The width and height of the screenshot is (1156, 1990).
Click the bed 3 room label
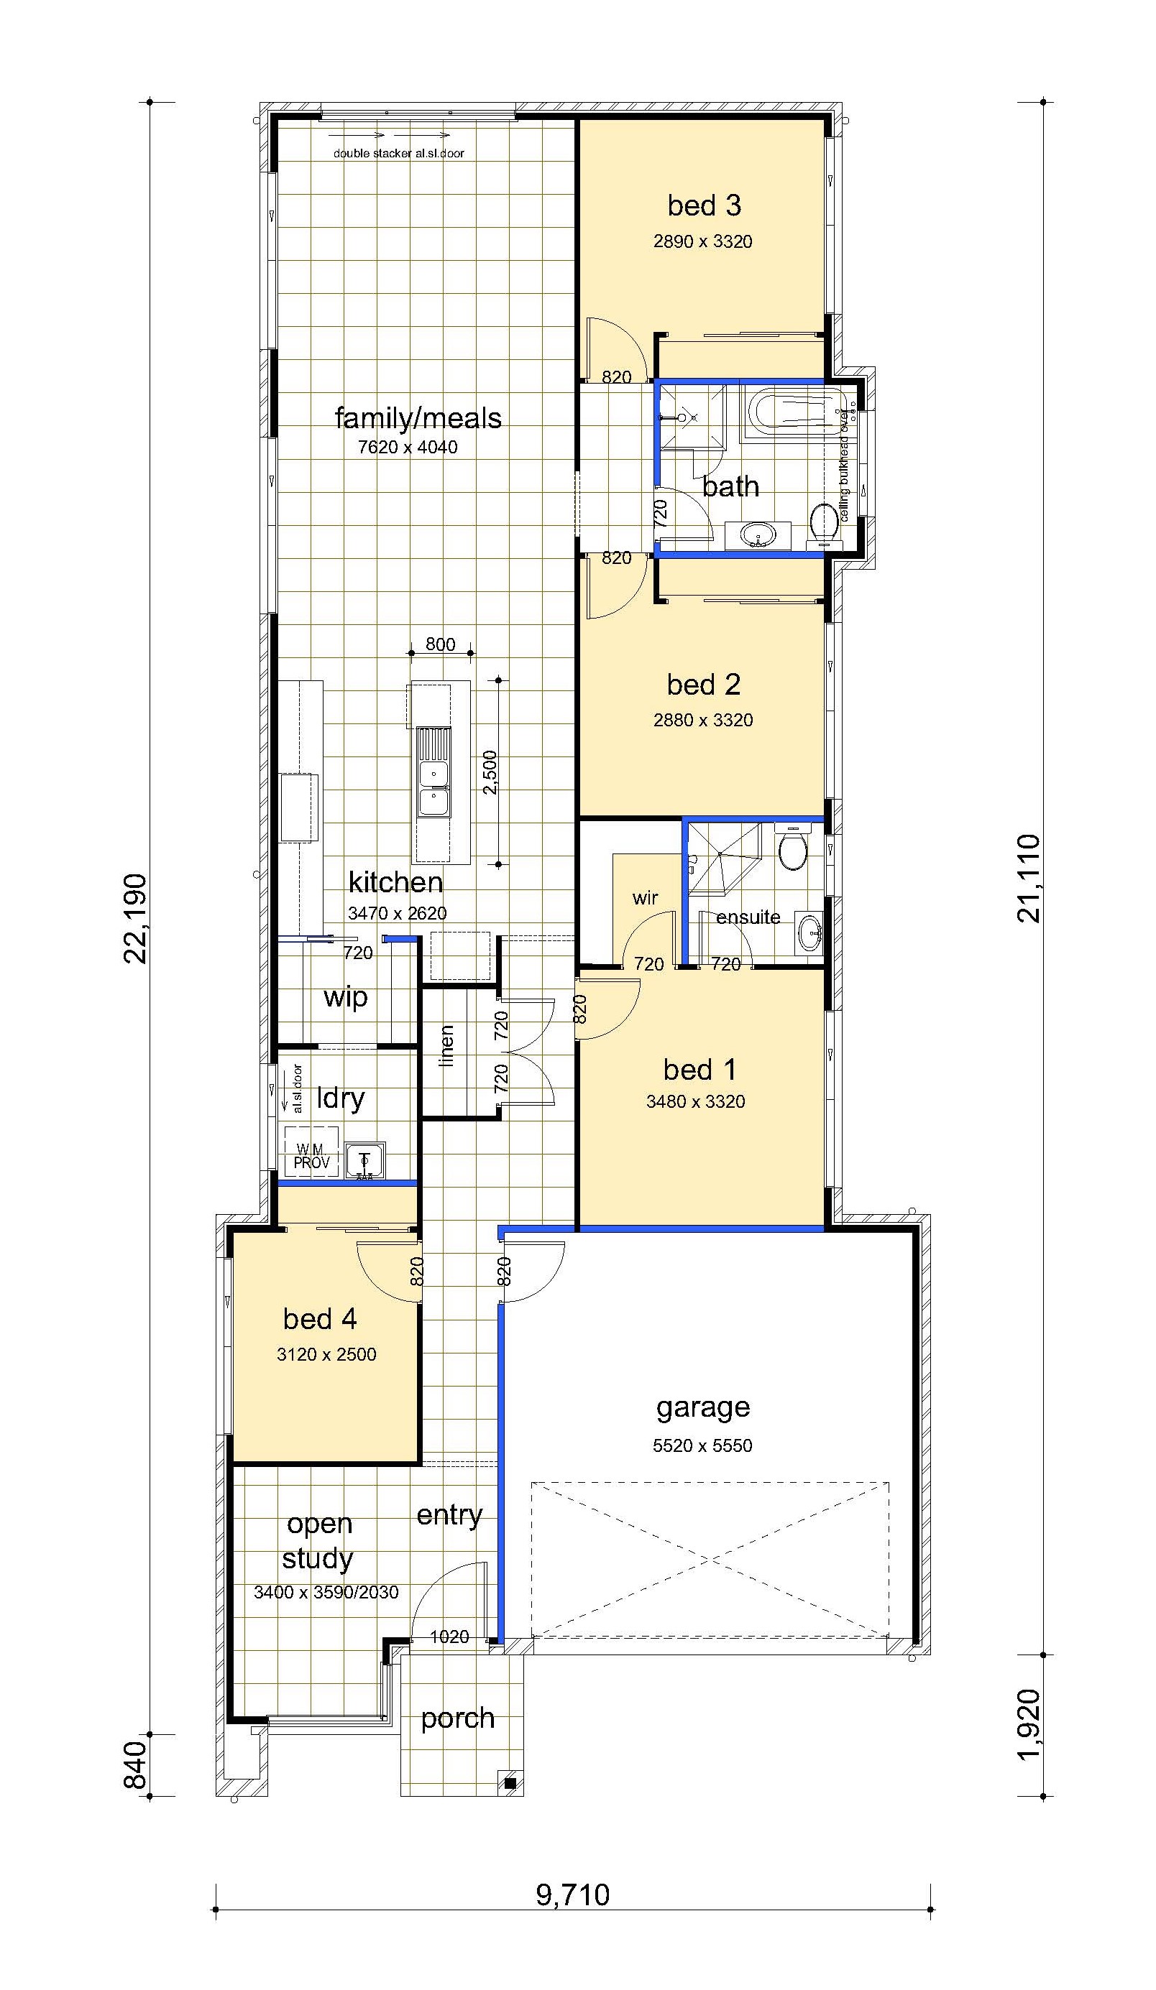pos(704,205)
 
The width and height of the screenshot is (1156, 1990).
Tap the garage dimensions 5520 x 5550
pos(702,1445)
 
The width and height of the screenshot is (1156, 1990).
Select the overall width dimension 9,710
pos(573,1894)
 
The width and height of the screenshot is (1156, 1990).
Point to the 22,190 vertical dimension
pos(135,917)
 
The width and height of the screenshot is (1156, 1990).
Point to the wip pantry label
pos(345,997)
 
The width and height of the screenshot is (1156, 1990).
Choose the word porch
pos(457,1718)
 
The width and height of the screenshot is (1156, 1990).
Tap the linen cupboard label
pos(446,1045)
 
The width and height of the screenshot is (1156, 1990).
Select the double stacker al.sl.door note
pos(398,153)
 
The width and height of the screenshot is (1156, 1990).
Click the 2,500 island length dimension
pos(490,772)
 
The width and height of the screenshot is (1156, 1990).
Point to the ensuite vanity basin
pos(809,932)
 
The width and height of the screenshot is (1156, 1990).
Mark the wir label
pos(645,898)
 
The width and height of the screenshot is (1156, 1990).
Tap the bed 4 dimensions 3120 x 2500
pos(326,1354)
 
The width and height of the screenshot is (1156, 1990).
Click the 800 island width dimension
pos(440,644)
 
